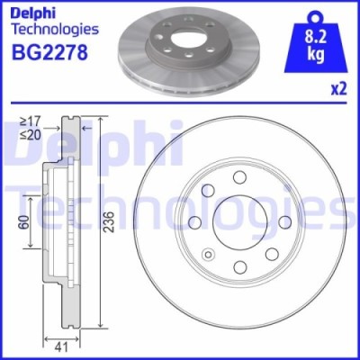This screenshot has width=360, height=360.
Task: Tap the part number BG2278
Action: point(49,52)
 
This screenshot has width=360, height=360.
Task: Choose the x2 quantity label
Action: point(338,90)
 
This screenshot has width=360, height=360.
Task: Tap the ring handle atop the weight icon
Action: point(313,15)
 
